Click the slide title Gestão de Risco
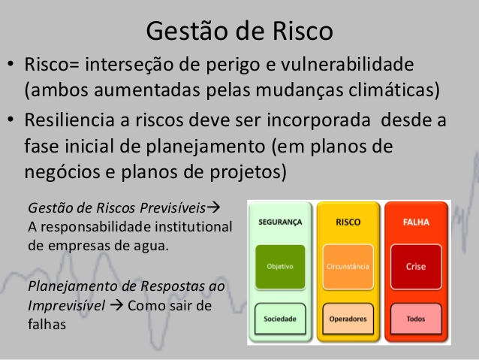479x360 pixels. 239,31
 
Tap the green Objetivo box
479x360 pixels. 280,267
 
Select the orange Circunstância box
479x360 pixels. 348,267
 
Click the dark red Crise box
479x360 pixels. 416,267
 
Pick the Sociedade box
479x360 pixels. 280,319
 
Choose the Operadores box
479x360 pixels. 348,319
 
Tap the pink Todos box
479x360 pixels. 416,319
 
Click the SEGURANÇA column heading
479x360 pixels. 280,222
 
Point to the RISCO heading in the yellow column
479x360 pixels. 348,222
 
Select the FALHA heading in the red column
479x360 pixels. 416,222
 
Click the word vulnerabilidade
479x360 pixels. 348,64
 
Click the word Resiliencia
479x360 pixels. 69,119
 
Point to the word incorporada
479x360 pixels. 318,120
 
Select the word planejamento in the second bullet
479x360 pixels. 205,147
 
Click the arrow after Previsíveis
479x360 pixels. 213,207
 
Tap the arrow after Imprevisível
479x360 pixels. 116,305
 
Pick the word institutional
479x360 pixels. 194,227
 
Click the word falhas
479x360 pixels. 47,324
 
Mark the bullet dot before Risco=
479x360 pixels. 11,64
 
